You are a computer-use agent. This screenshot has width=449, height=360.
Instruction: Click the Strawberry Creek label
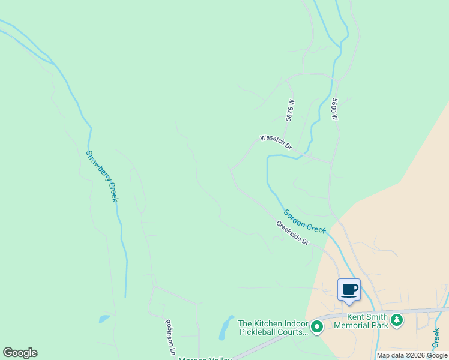(x=101, y=176)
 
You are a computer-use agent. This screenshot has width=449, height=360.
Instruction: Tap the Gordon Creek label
(x=304, y=221)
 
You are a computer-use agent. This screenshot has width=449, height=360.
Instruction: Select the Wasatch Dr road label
(x=276, y=142)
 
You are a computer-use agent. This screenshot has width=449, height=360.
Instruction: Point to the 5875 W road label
(x=291, y=110)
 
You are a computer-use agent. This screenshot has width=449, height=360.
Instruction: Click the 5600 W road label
(x=334, y=109)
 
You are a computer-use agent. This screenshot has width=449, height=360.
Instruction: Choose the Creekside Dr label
(x=292, y=233)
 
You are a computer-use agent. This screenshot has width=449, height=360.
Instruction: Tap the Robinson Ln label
(x=169, y=338)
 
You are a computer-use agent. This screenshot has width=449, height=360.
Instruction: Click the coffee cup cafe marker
(x=349, y=290)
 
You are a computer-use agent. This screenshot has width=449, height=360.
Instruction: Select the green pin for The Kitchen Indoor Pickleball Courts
(x=317, y=327)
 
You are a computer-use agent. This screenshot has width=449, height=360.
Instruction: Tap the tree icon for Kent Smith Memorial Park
(x=396, y=320)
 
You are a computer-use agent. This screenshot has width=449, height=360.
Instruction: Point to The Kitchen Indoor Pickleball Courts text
(x=273, y=327)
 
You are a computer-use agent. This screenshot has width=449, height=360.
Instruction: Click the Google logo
(x=20, y=353)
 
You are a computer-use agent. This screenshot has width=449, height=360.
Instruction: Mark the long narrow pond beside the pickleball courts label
(x=226, y=327)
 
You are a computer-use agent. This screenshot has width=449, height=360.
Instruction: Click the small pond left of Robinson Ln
(x=104, y=319)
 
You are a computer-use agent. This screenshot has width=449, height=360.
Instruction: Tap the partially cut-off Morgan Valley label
(x=205, y=358)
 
